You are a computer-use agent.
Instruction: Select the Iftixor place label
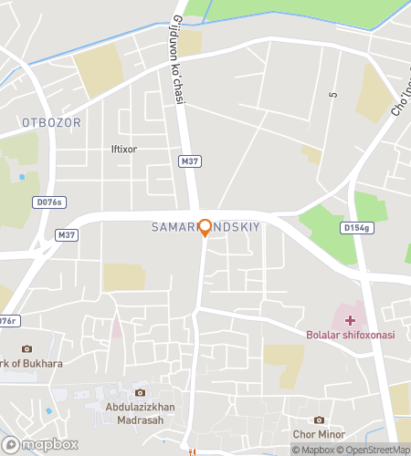tap(123, 149)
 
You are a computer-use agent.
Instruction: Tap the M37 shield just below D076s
tap(66, 234)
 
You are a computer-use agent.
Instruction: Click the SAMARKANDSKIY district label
tap(205, 226)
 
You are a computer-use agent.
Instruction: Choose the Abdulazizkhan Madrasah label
tap(152, 414)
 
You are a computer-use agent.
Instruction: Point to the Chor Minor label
tap(317, 434)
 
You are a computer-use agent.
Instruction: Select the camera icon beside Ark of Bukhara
tap(26, 349)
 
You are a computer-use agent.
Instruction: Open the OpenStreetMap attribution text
tap(374, 449)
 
